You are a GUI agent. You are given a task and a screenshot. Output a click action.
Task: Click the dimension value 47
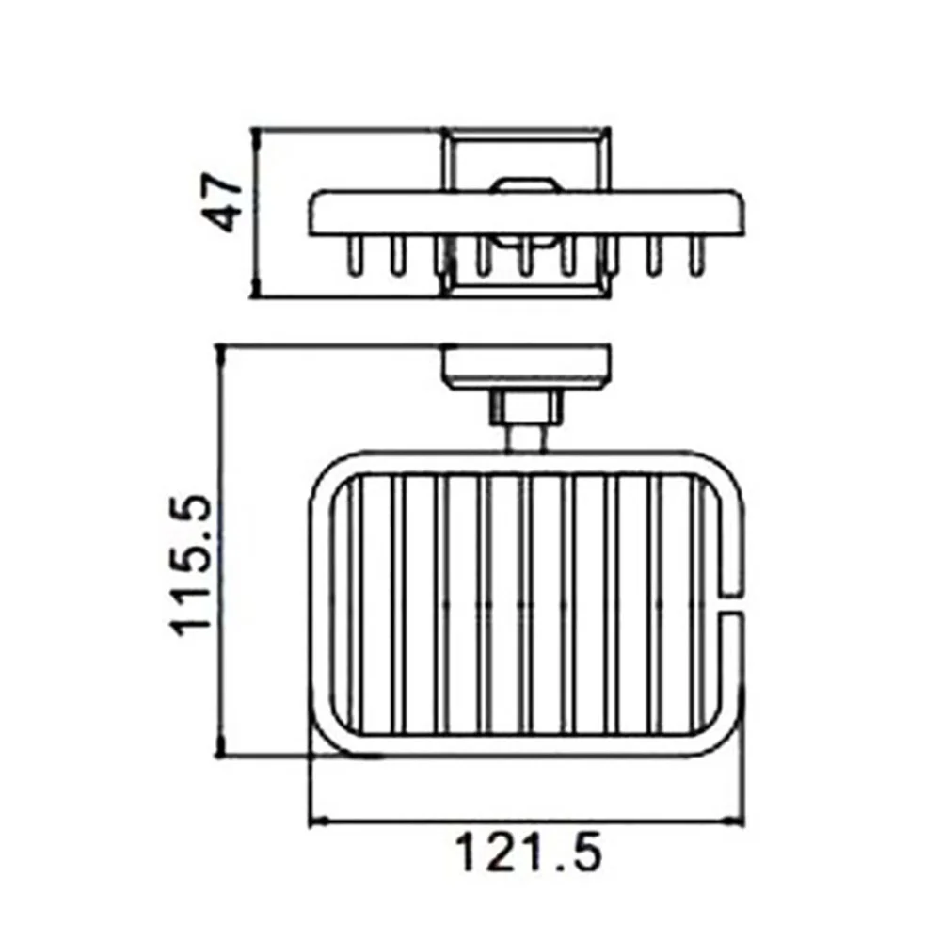coord(221,203)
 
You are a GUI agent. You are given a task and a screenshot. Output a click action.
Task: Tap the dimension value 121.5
coord(528,853)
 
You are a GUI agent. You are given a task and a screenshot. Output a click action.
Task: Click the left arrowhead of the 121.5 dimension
coord(319,821)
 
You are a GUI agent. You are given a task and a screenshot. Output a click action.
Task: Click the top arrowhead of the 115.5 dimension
coord(221,356)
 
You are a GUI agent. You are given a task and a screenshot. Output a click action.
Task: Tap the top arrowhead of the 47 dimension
coord(256,138)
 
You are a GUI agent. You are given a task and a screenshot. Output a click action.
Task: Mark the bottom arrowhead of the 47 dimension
coord(256,286)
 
